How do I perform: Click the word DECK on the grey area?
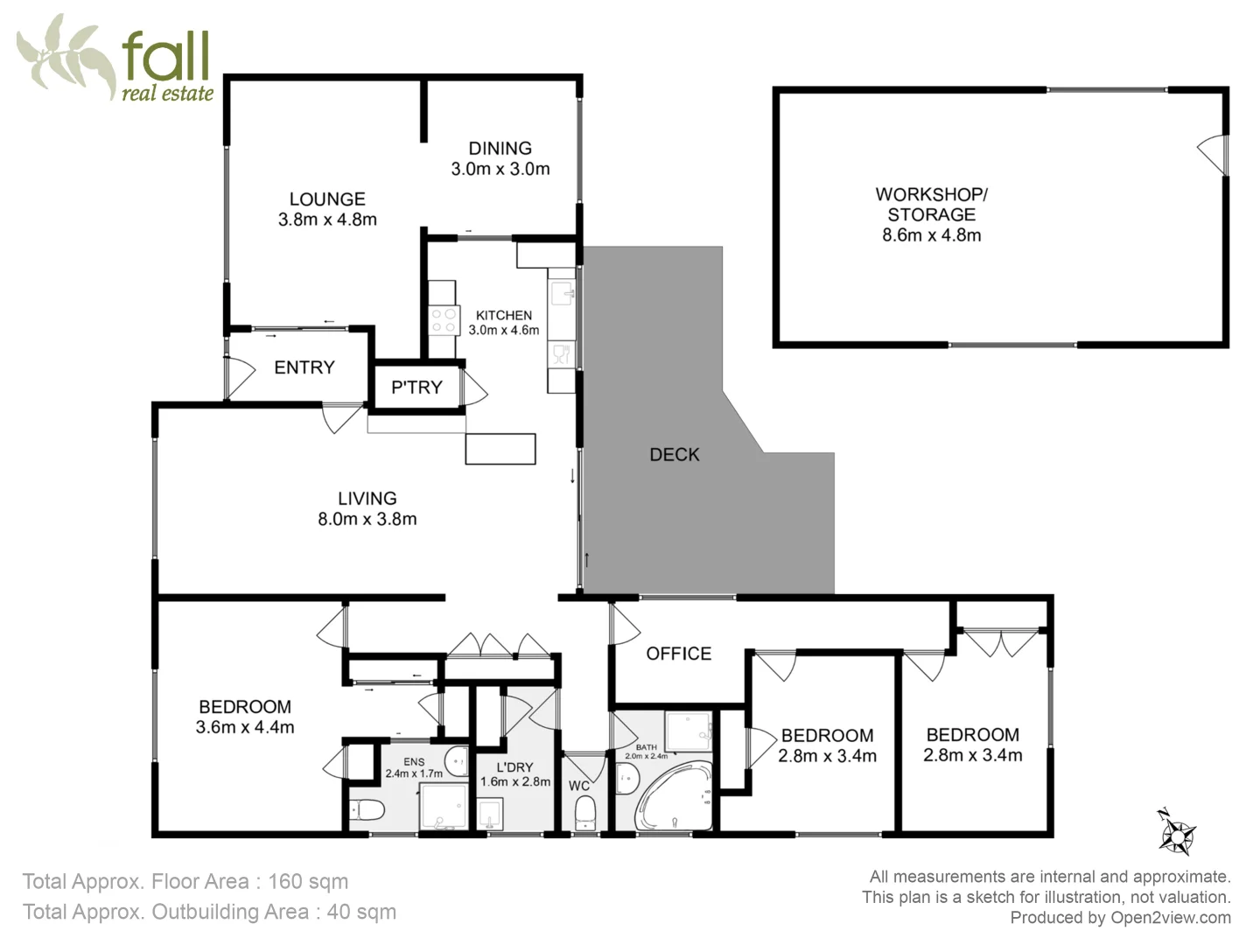pos(674,454)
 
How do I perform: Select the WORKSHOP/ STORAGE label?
pos(931,204)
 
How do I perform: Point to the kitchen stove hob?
pos(444,320)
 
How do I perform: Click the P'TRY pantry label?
pos(416,387)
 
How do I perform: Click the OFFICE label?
pos(678,654)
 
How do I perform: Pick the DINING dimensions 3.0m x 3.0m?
pos(500,169)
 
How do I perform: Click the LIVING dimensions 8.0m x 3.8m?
pos(367,519)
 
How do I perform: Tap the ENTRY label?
pos(304,367)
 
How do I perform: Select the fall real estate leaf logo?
pos(66,57)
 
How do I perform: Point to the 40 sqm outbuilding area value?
pos(361,912)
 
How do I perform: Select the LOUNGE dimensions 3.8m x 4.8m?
pos(327,220)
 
